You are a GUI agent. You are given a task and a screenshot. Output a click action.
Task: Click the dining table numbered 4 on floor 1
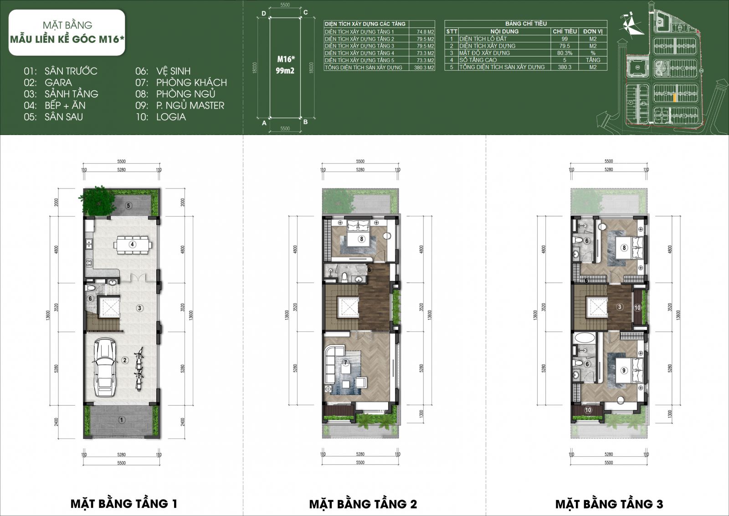[x=133, y=245]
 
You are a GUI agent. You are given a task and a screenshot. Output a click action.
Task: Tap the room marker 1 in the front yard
[x=121, y=420]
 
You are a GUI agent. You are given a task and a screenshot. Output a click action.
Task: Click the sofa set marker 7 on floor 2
[x=345, y=363]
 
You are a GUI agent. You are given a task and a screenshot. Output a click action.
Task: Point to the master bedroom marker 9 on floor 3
[x=624, y=370]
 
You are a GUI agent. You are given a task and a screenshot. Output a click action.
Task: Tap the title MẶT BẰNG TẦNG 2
[x=363, y=504]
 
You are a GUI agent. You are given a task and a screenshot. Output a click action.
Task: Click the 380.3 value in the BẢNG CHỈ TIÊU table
[x=564, y=67]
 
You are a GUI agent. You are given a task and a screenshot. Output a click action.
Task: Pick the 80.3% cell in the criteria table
[x=564, y=53]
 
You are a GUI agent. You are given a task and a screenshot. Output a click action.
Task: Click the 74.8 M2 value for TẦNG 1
[x=425, y=32]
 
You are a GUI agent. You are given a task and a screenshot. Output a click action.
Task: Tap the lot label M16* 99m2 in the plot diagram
[x=286, y=64]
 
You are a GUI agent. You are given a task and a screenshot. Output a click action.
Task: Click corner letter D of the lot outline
[x=264, y=14]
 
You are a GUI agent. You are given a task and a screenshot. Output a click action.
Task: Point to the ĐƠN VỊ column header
[x=593, y=31]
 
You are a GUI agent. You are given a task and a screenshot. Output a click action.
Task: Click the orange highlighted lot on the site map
[x=674, y=97]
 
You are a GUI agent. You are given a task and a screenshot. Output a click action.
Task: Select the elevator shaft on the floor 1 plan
[x=109, y=307]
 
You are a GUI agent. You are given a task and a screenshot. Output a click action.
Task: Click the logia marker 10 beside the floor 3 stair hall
[x=637, y=308]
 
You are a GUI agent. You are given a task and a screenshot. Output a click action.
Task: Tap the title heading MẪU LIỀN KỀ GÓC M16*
[x=67, y=39]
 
